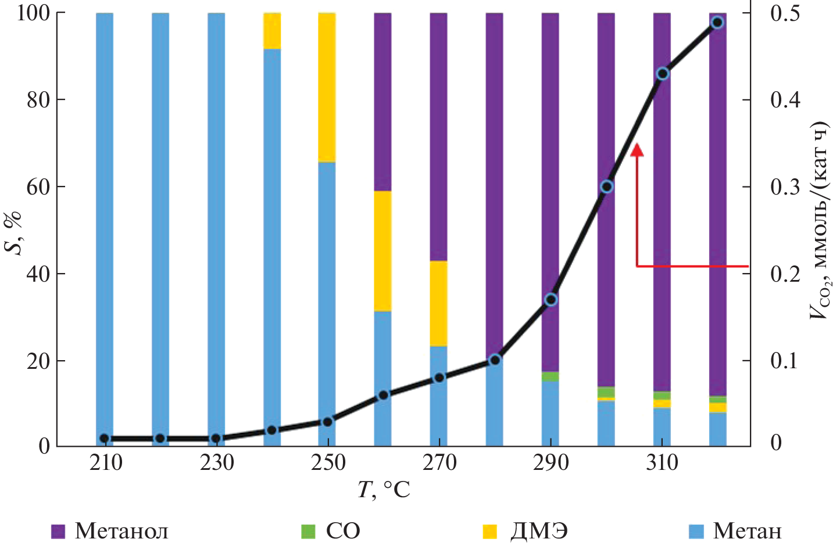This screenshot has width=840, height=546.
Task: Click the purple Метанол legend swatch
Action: (x=58, y=531)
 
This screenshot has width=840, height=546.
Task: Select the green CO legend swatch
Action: (x=308, y=531)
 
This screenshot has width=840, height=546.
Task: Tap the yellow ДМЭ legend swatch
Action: (x=490, y=531)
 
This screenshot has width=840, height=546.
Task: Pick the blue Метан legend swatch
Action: (x=696, y=531)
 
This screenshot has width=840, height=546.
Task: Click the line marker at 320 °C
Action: (x=717, y=23)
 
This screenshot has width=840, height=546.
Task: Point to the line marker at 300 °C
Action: (x=606, y=186)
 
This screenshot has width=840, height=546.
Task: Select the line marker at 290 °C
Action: (x=551, y=300)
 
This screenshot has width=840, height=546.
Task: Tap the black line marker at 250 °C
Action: (x=327, y=422)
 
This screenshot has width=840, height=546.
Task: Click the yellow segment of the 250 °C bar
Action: (x=327, y=87)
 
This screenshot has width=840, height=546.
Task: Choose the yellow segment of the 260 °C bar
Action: (x=383, y=251)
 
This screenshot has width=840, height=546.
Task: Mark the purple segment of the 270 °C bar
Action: (x=439, y=136)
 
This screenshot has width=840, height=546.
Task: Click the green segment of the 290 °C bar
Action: (x=551, y=376)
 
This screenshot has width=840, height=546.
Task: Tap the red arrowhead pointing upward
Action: (x=637, y=150)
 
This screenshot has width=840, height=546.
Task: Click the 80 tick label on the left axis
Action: (x=38, y=100)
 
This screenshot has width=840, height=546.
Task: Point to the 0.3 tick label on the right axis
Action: (x=785, y=187)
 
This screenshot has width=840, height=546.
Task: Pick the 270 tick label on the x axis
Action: (x=439, y=463)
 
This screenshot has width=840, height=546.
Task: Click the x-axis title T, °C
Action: (x=384, y=490)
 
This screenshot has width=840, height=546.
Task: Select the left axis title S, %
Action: (x=14, y=231)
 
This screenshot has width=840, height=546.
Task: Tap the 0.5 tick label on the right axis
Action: (x=785, y=13)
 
